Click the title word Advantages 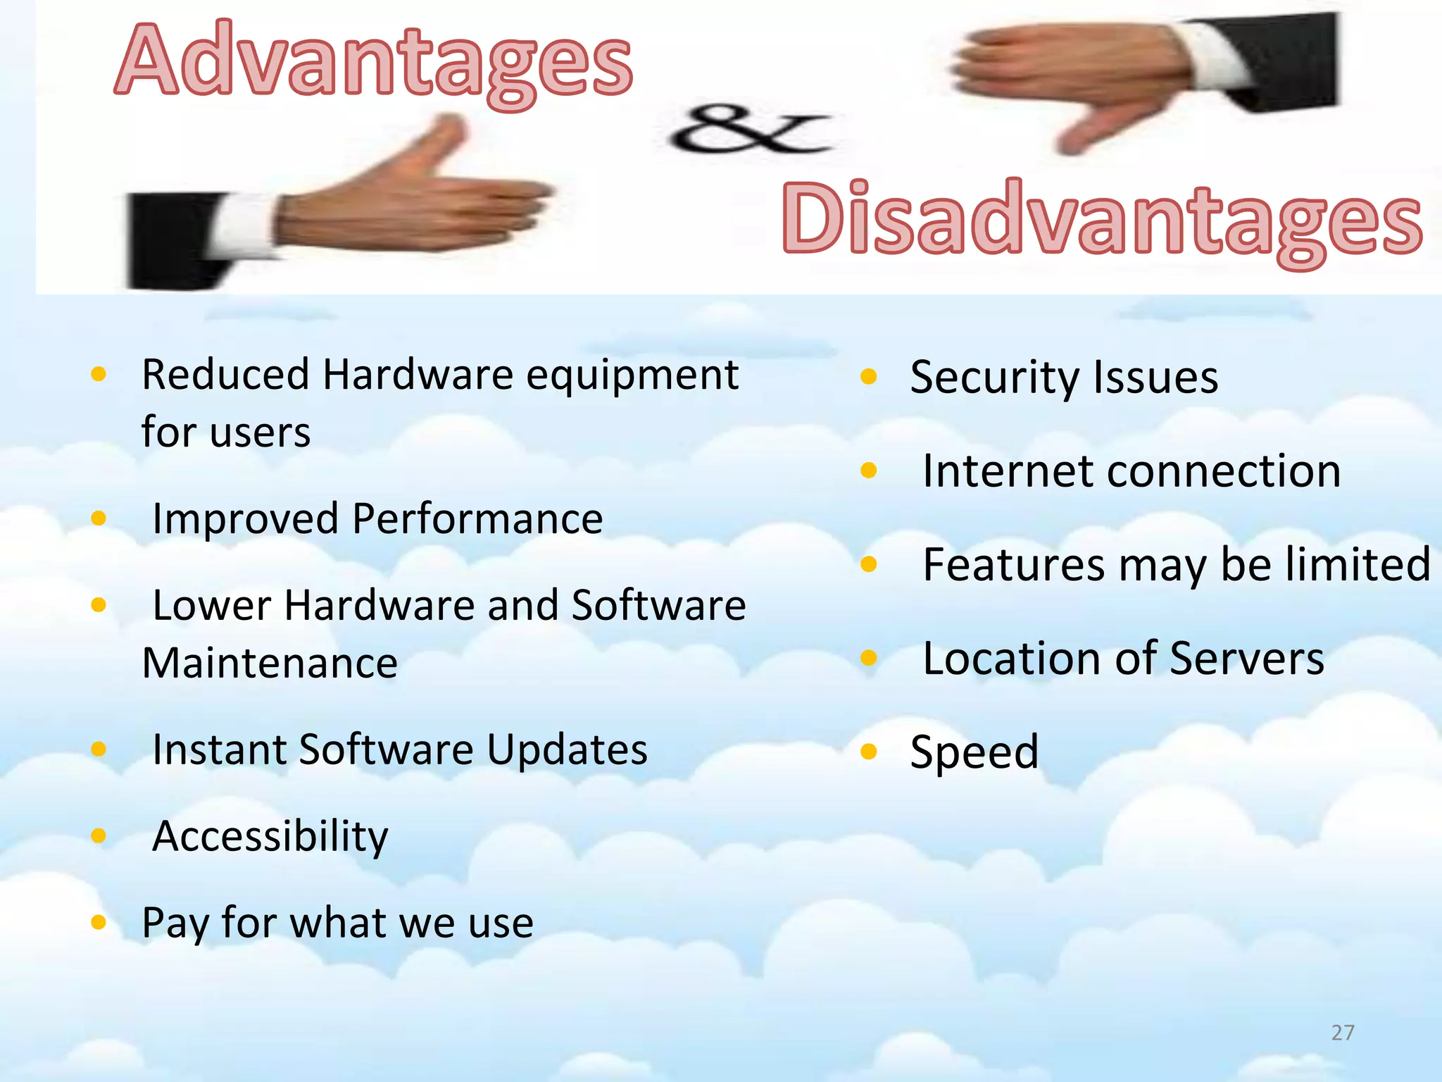(x=373, y=62)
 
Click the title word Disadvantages (x=1102, y=220)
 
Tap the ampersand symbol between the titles (x=750, y=130)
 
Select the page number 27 (x=1343, y=1033)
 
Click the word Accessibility (x=270, y=837)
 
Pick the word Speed (x=974, y=752)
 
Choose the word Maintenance (x=270, y=664)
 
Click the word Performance (x=477, y=519)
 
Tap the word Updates (x=567, y=750)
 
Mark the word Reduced (x=225, y=374)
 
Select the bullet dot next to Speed (x=869, y=752)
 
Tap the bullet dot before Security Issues (x=869, y=377)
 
